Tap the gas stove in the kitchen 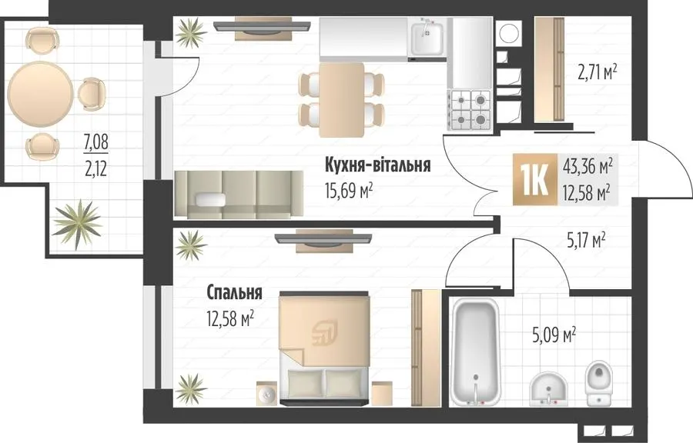470,110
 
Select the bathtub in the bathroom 474,351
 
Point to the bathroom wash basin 548,388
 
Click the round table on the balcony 40,94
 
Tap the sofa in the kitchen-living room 239,194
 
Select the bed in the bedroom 324,348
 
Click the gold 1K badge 535,179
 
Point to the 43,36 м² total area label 588,166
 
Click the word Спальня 234,292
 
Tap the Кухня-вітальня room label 378,165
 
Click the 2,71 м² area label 597,72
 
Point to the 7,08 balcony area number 96,142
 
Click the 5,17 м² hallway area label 586,241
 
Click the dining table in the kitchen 342,100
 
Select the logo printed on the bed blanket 324,333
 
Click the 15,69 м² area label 349,191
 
